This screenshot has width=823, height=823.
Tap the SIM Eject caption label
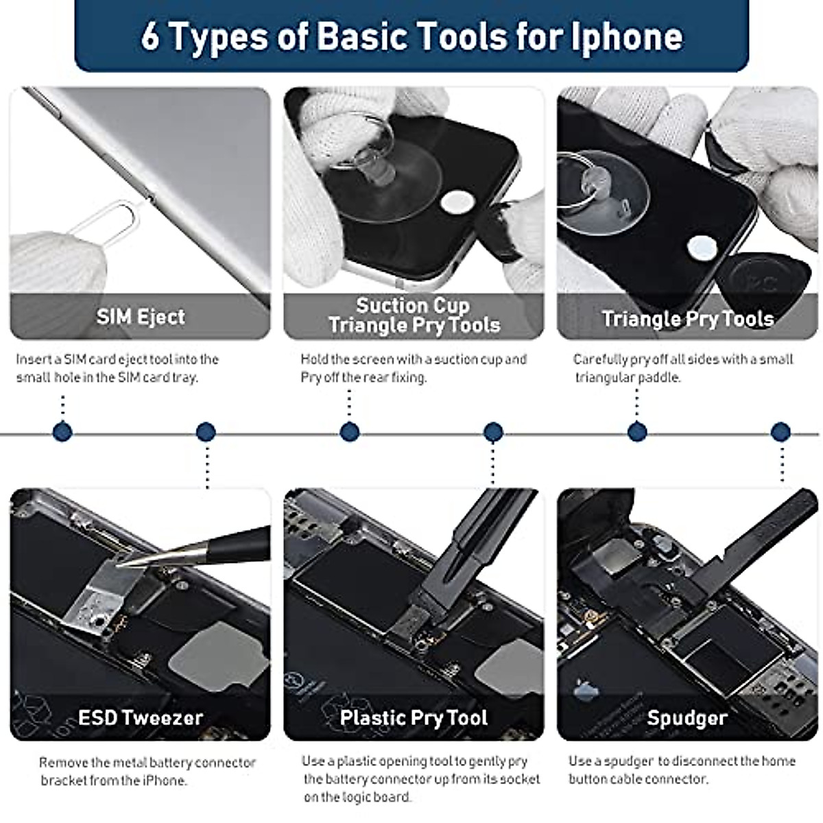click(141, 317)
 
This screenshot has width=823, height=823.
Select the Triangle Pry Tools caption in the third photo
click(688, 319)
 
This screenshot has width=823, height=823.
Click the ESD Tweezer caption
click(141, 718)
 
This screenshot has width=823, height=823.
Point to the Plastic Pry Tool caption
click(414, 718)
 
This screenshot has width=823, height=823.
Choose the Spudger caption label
click(687, 718)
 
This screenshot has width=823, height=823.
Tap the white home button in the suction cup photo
click(457, 201)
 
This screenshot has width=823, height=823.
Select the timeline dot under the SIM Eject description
click(62, 432)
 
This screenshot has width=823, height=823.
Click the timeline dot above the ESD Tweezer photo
click(206, 432)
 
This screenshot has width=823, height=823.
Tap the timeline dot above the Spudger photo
click(780, 432)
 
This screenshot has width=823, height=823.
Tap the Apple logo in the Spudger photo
click(585, 689)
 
